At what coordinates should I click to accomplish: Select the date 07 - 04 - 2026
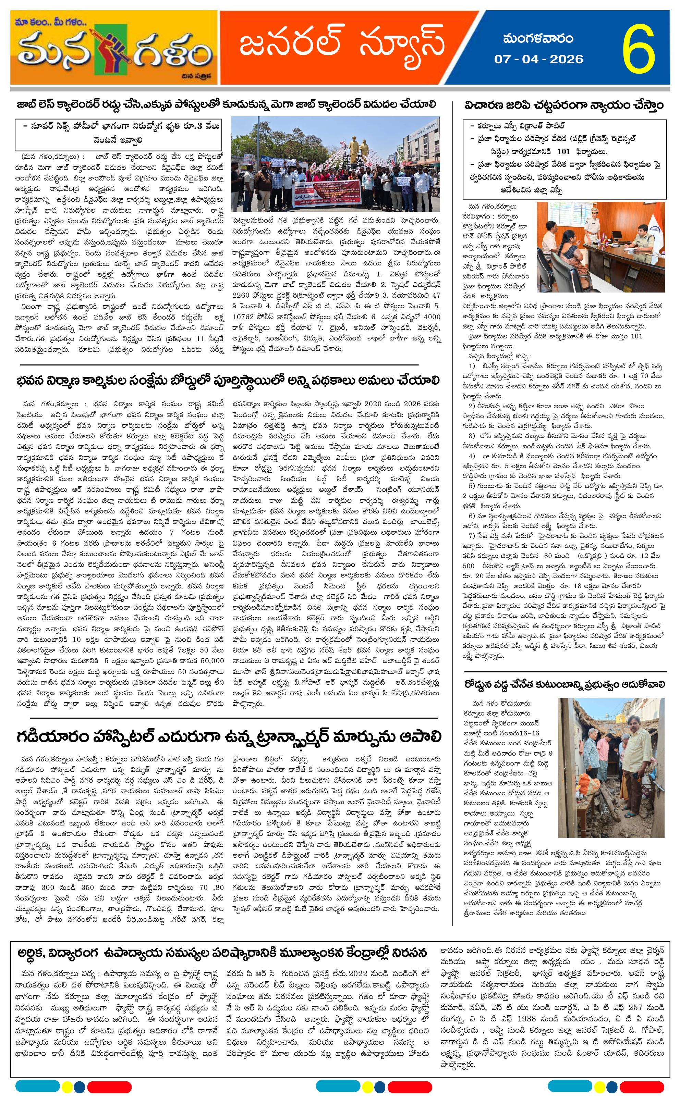[538, 59]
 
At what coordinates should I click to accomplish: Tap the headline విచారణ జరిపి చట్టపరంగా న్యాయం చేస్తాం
[564, 105]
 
